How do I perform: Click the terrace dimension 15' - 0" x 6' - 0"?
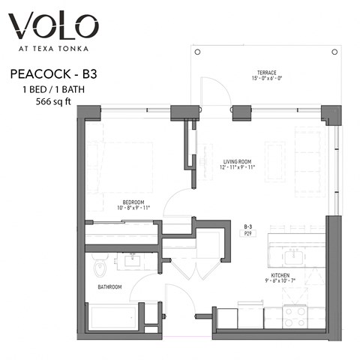click(x=265, y=79)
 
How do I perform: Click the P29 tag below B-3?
click(x=247, y=233)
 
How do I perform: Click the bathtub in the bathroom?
click(x=112, y=316)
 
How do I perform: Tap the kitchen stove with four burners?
click(x=295, y=317)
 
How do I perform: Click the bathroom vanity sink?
click(x=136, y=262)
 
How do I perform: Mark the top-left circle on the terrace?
click(x=198, y=52)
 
